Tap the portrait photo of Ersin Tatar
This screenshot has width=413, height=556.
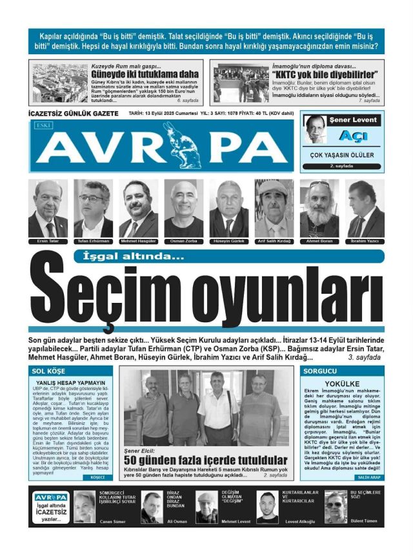tap(48, 208)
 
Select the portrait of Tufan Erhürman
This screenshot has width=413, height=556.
tap(93, 208)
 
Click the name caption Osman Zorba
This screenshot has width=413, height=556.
tap(183, 241)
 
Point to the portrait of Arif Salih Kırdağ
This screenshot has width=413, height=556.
tap(274, 208)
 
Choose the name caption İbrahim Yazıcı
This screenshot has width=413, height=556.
tap(365, 241)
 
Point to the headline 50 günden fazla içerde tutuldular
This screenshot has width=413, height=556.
tap(205, 459)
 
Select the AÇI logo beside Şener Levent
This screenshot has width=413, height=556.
tap(353, 136)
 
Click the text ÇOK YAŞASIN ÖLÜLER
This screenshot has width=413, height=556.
tap(342, 156)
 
